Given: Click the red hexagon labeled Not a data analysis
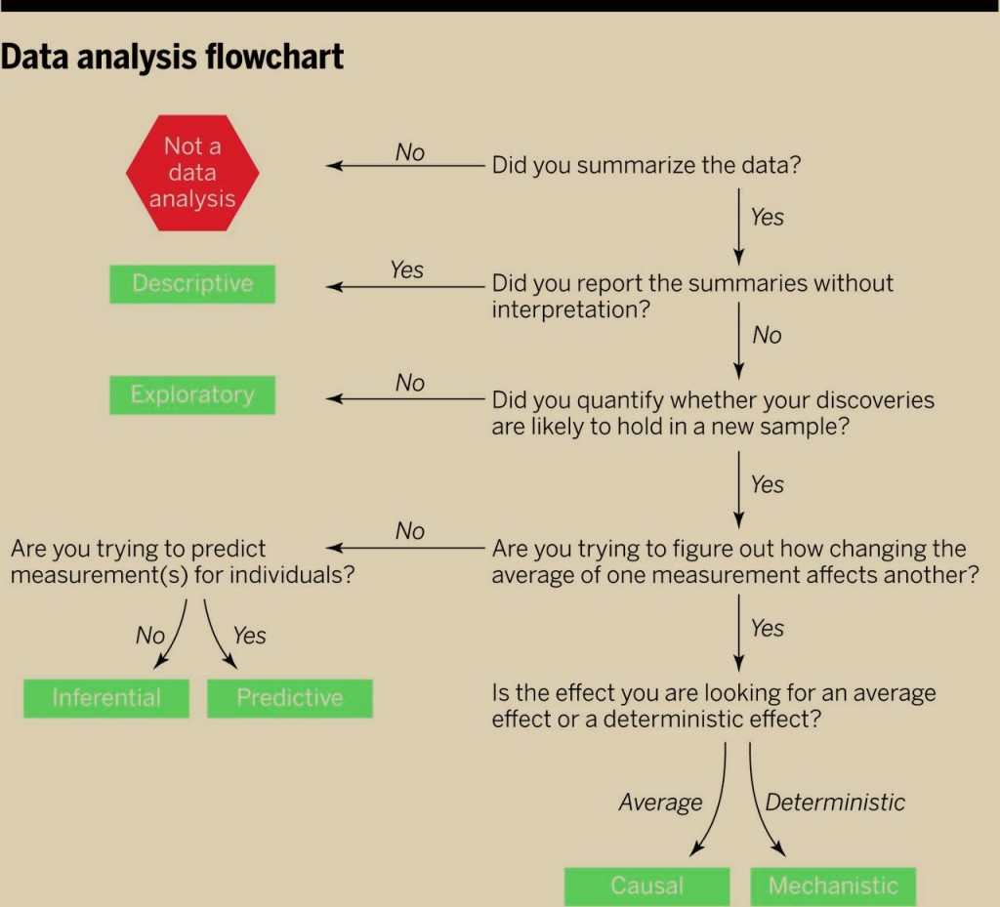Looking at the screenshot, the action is click(x=192, y=173).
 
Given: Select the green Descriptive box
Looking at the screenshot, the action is click(x=192, y=284).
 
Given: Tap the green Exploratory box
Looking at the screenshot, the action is click(x=192, y=395).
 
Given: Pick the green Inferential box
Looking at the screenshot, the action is click(x=106, y=699).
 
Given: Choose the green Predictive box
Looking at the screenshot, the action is click(x=289, y=699).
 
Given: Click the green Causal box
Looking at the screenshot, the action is click(x=647, y=886).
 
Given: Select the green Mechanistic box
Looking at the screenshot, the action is click(x=834, y=886).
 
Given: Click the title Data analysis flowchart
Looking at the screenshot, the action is click(x=172, y=57).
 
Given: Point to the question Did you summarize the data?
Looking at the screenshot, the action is click(x=646, y=165).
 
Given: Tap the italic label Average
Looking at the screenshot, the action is click(x=661, y=803).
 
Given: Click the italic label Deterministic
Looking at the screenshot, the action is click(x=835, y=802).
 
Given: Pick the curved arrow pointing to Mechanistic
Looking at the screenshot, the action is click(x=759, y=804).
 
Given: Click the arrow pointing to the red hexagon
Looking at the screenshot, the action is click(x=405, y=166).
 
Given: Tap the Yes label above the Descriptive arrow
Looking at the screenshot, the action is click(x=407, y=269).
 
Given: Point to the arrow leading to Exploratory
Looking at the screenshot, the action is click(x=405, y=399).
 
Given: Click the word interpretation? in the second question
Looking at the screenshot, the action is click(x=570, y=309).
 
